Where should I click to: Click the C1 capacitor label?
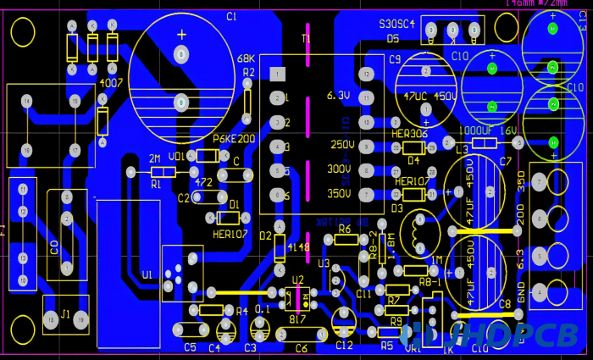click(231, 17)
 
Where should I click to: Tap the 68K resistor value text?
click(246, 58)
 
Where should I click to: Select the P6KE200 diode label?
click(233, 139)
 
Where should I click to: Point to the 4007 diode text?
click(111, 84)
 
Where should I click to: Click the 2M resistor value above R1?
click(155, 159)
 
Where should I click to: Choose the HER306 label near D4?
click(411, 134)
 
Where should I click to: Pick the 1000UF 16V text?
click(487, 131)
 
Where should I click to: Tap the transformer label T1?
click(306, 39)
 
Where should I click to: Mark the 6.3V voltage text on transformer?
click(337, 96)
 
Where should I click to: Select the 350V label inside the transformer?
click(339, 193)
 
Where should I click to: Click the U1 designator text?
click(148, 275)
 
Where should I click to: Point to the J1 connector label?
click(66, 314)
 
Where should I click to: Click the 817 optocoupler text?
click(296, 319)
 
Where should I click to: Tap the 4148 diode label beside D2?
click(296, 247)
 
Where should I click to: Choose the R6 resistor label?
click(344, 229)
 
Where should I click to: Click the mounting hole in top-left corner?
click(23, 32)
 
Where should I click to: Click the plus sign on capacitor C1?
click(180, 35)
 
